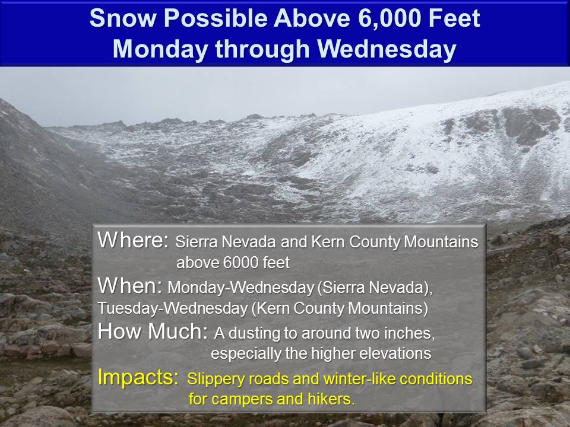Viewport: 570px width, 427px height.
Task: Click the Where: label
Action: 133,240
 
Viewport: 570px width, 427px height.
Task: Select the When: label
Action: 130,285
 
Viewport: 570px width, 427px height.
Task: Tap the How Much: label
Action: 153,331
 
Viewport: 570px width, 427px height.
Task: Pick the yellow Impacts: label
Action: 138,378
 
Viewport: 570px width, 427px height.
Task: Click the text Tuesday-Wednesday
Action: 172,308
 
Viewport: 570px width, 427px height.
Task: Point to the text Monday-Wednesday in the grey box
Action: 240,288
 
